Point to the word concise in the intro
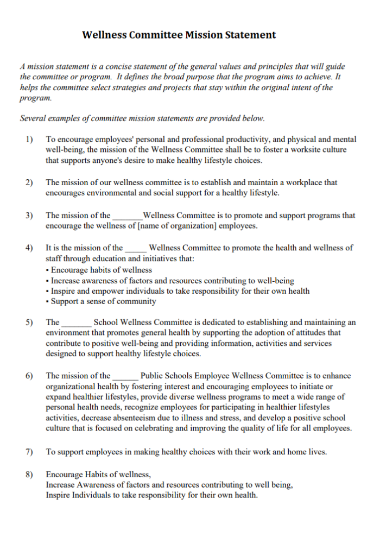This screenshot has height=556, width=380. tap(109, 67)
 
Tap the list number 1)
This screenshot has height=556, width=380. tap(29, 140)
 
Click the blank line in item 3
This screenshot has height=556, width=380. tap(127, 216)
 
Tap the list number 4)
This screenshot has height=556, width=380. tap(29, 248)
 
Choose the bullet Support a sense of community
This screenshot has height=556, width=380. tap(103, 301)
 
